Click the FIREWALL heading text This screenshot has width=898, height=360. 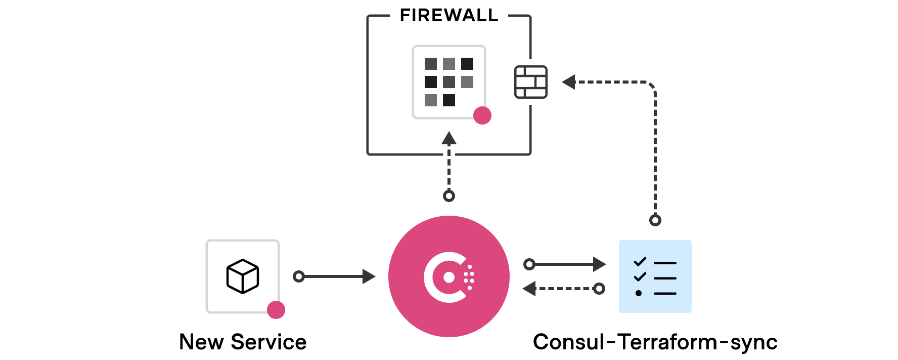pyautogui.click(x=449, y=16)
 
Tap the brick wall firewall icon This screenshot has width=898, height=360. pyautogui.click(x=530, y=82)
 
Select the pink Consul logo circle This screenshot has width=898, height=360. pyautogui.click(x=449, y=276)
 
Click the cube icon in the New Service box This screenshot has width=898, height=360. pyautogui.click(x=243, y=276)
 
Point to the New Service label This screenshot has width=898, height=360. pyautogui.click(x=243, y=342)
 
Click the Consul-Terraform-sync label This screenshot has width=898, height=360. pyautogui.click(x=655, y=342)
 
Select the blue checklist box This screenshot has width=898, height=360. pyautogui.click(x=655, y=276)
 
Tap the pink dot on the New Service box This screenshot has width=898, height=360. pyautogui.click(x=276, y=309)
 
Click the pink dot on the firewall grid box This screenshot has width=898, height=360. pyautogui.click(x=482, y=115)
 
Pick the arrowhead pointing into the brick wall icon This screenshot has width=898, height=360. pyautogui.click(x=569, y=82)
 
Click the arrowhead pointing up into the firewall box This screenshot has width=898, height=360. pyautogui.click(x=449, y=138)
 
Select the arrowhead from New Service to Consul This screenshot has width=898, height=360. pyautogui.click(x=369, y=276)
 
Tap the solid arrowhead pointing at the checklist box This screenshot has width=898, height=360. pyautogui.click(x=599, y=264)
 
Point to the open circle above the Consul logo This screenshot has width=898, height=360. pyautogui.click(x=449, y=196)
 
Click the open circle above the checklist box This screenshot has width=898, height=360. pyautogui.click(x=655, y=220)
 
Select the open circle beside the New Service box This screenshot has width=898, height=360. pyautogui.click(x=299, y=276)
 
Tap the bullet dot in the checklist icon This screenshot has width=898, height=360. pyautogui.click(x=639, y=293)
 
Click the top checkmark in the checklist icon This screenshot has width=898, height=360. pyautogui.click(x=640, y=262)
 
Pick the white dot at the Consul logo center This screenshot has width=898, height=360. pyautogui.click(x=448, y=277)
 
